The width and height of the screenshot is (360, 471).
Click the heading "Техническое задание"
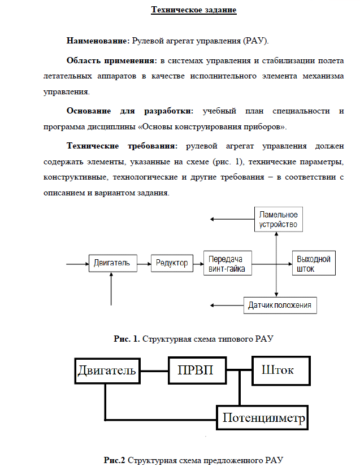(193, 10)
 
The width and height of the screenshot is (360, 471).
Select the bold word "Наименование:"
(98, 41)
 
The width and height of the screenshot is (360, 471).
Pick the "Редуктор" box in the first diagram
(172, 263)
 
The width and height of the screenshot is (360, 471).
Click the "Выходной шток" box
(313, 264)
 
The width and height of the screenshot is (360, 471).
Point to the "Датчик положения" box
(280, 306)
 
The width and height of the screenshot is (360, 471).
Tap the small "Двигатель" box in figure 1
(112, 263)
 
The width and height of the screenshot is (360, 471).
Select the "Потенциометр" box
(264, 419)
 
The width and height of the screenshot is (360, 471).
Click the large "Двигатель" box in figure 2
(107, 371)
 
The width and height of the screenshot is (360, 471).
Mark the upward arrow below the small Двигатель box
(112, 290)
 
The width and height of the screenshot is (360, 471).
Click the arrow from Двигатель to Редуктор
(144, 263)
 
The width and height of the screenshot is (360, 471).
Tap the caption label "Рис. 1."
(127, 339)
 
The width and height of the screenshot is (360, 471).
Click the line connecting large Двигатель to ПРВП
(154, 371)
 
